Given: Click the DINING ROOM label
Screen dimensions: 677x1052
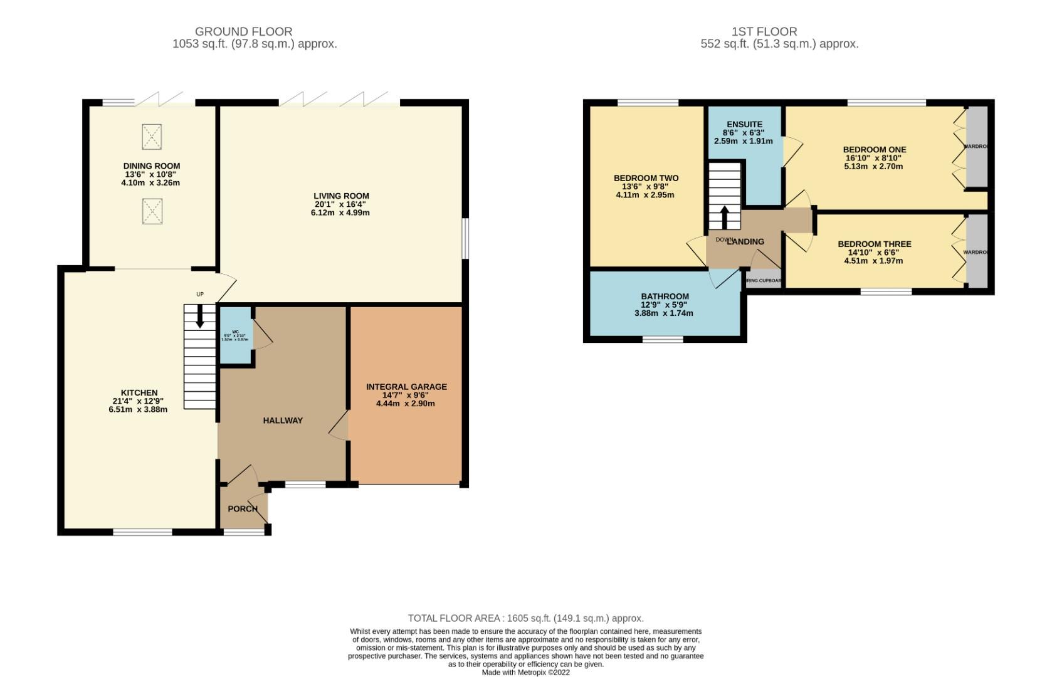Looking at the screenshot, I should [x=151, y=166].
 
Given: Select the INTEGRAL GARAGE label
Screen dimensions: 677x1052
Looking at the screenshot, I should [x=406, y=387].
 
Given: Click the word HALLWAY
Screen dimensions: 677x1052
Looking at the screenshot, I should [x=283, y=421].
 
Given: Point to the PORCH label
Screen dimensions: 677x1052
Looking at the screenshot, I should [x=242, y=508].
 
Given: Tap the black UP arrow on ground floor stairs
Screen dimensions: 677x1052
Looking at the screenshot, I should [x=200, y=316].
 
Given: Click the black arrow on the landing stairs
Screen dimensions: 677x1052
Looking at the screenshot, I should [x=725, y=218].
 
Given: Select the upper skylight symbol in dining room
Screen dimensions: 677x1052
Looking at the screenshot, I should [x=152, y=137].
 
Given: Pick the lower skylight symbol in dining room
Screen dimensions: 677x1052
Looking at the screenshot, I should [x=152, y=211].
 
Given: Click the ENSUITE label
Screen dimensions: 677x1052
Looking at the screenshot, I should [x=744, y=124].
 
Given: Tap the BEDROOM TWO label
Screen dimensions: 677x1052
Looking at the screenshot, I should [x=646, y=178].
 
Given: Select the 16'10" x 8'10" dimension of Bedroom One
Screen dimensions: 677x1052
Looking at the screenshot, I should [x=874, y=158].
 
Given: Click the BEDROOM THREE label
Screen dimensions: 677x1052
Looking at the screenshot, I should [x=874, y=244].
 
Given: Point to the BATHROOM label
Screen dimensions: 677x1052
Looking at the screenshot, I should [x=665, y=297].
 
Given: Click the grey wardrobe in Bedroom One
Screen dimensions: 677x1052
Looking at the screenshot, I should [x=976, y=147].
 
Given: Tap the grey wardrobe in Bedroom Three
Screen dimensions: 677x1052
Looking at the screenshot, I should [x=976, y=251].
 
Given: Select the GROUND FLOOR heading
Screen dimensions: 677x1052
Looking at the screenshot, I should [x=243, y=31].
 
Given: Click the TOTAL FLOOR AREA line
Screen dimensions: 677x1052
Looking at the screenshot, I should [x=525, y=618].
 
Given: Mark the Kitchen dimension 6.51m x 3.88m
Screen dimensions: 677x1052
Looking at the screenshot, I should [x=139, y=409].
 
